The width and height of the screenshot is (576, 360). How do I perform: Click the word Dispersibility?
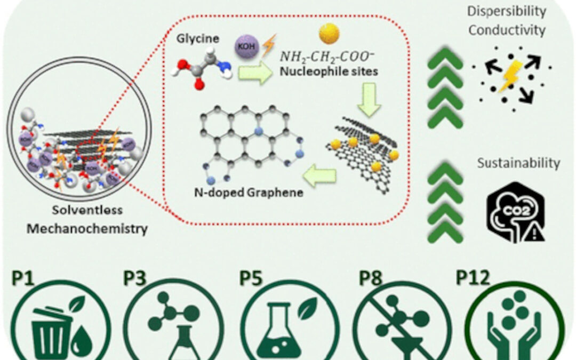tap(506, 11)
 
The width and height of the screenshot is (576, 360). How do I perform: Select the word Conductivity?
tap(506, 30)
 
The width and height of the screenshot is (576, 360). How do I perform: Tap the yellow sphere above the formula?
tap(329, 34)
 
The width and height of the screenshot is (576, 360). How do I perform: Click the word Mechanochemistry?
tap(87, 229)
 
